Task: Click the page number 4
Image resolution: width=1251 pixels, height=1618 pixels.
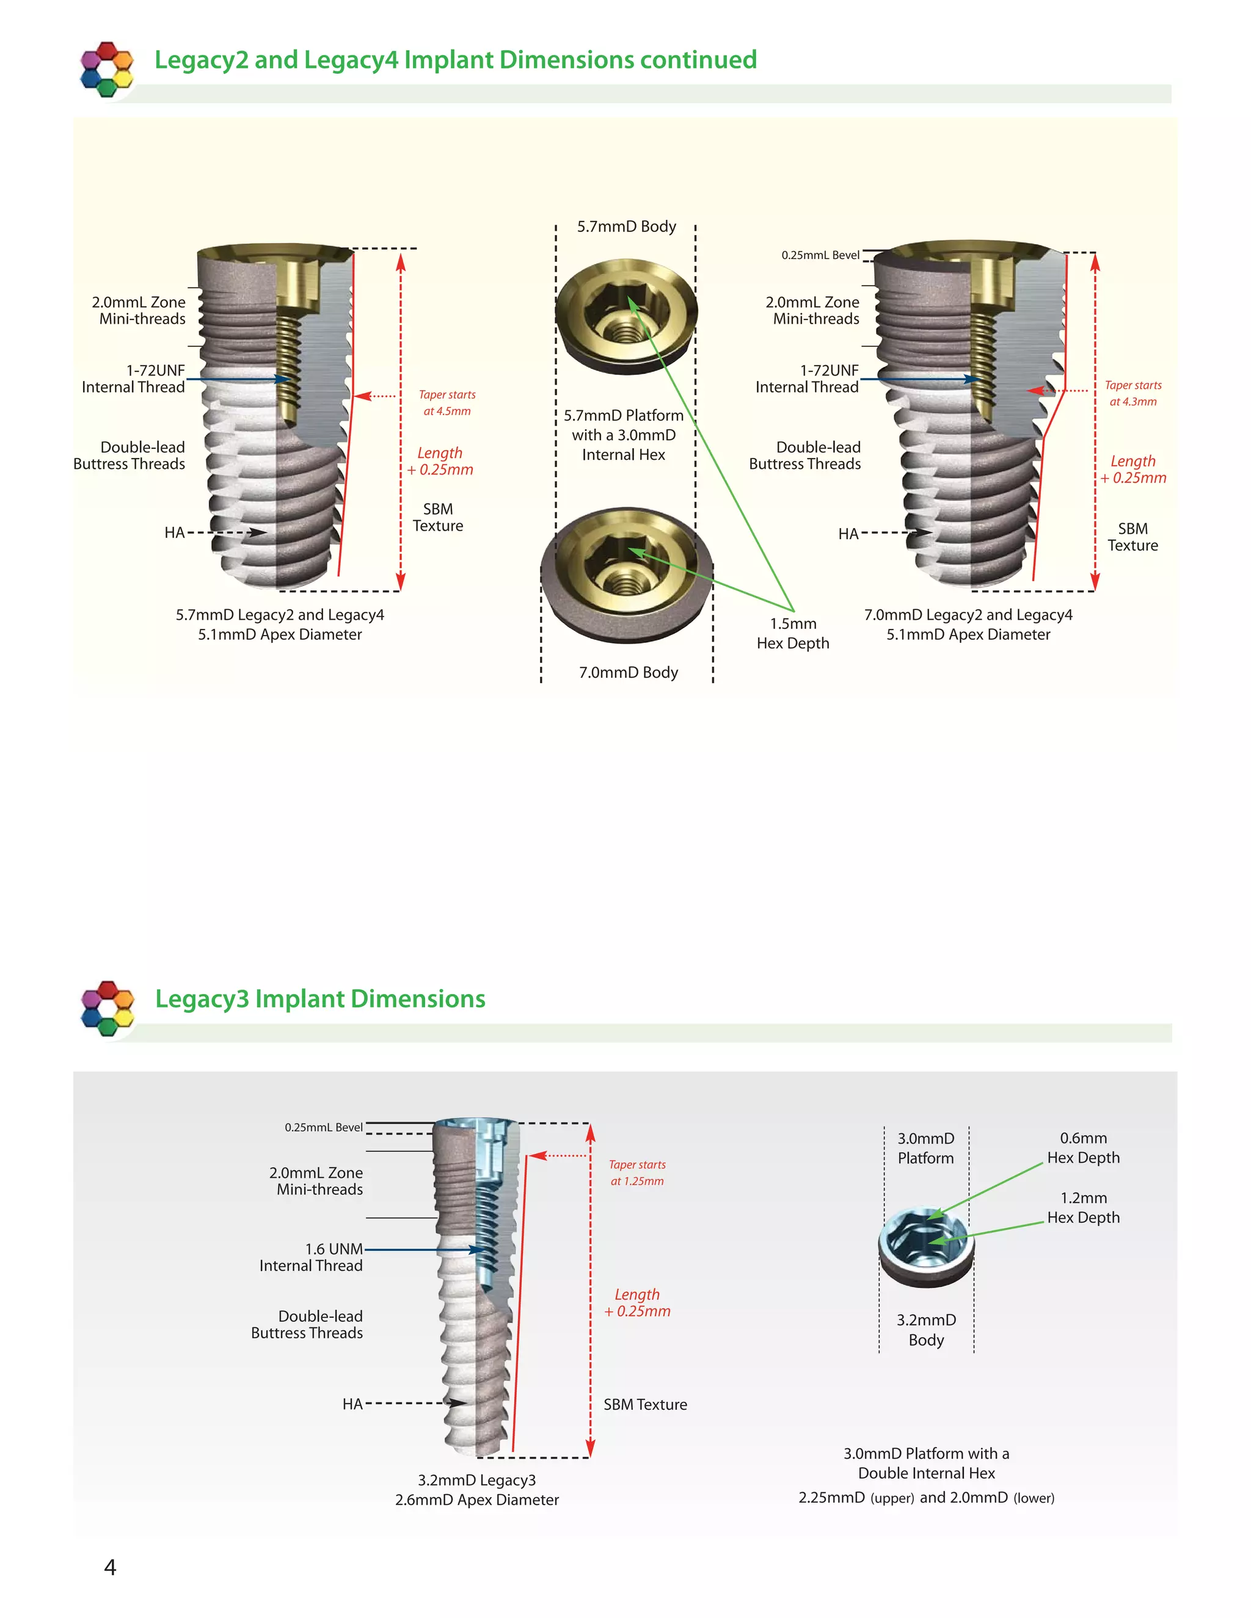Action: pyautogui.click(x=110, y=1567)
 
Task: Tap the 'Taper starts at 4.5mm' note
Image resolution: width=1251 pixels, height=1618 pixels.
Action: pyautogui.click(x=447, y=403)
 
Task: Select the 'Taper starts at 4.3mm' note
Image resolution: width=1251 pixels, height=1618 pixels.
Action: pyautogui.click(x=1132, y=393)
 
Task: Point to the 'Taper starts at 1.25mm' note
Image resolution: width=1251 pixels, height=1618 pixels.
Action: pyautogui.click(x=636, y=1173)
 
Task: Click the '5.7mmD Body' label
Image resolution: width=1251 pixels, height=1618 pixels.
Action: pyautogui.click(x=626, y=227)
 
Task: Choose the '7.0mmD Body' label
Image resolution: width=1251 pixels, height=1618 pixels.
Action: pyautogui.click(x=629, y=673)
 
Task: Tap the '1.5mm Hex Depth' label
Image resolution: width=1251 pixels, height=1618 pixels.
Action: pyautogui.click(x=792, y=633)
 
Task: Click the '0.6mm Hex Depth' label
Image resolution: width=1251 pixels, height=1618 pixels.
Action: pyautogui.click(x=1083, y=1148)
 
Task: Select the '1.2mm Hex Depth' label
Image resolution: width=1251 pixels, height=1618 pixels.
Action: pyautogui.click(x=1083, y=1208)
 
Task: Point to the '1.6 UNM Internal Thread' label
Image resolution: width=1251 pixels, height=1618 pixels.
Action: pyautogui.click(x=312, y=1257)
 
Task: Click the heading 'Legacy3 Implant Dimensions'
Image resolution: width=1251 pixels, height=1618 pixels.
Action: pyautogui.click(x=320, y=999)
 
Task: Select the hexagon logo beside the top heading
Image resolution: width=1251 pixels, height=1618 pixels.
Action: pyautogui.click(x=107, y=69)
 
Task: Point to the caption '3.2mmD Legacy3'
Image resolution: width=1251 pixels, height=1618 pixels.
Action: pyautogui.click(x=476, y=1480)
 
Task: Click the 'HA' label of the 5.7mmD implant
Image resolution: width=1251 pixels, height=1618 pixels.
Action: pyautogui.click(x=174, y=532)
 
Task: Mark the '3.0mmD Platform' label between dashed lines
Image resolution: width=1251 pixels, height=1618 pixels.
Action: pyautogui.click(x=925, y=1148)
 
